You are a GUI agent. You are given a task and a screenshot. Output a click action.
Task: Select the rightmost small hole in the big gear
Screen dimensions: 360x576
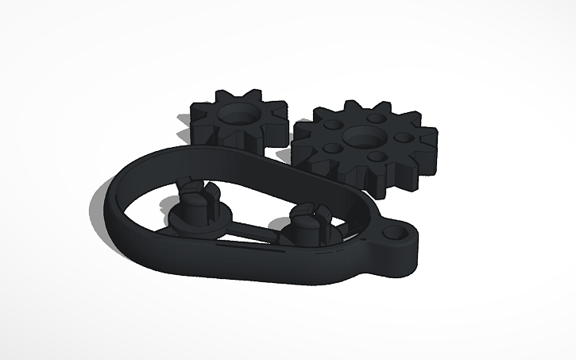point(396,137)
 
